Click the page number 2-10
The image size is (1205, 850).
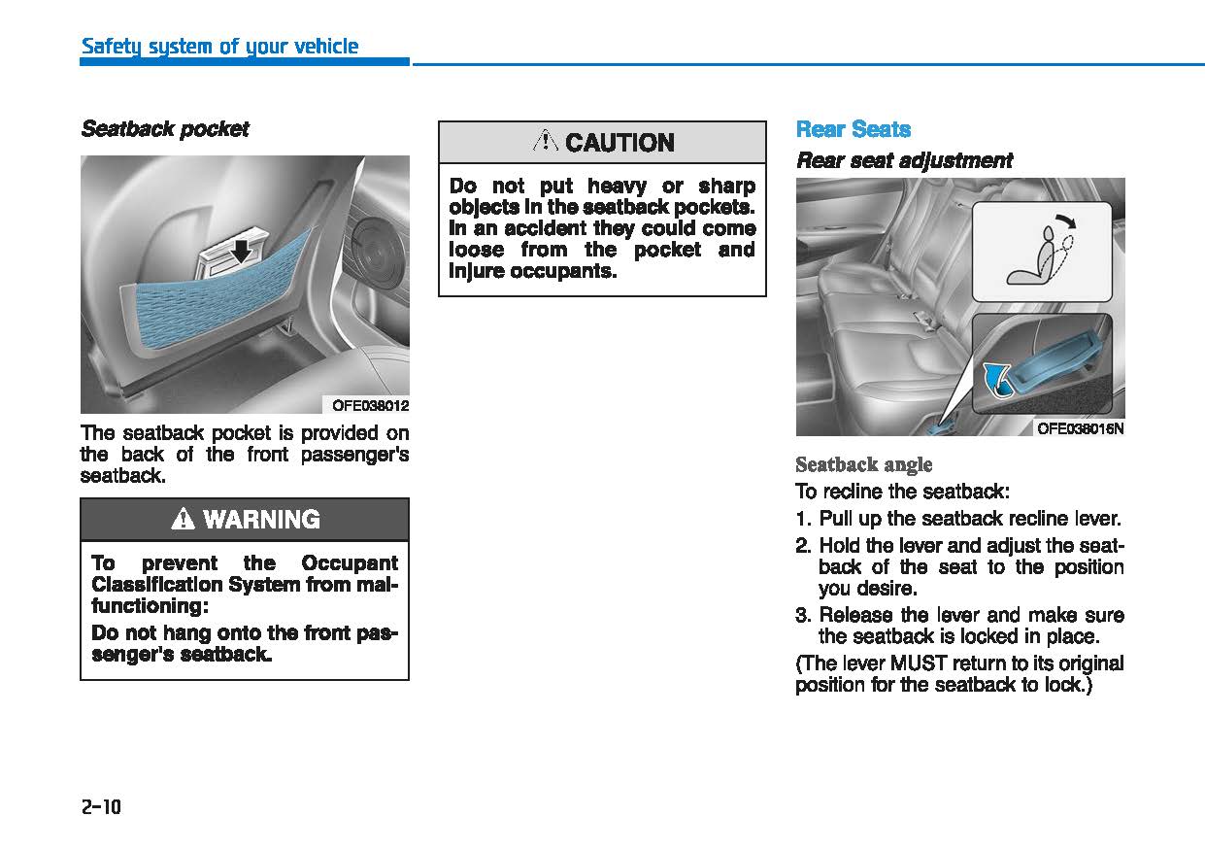(100, 806)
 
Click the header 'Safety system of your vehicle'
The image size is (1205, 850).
(219, 46)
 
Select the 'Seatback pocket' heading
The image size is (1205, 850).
(164, 129)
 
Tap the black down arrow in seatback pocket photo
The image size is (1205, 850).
(241, 252)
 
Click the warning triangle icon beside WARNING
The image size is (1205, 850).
(183, 520)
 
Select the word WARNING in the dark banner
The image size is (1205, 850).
(261, 520)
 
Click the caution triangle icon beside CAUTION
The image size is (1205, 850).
(546, 142)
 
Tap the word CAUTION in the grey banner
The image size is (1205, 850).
(619, 143)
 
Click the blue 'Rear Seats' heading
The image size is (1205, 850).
(853, 129)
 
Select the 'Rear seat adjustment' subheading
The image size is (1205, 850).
(904, 160)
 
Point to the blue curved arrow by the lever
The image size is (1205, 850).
(992, 377)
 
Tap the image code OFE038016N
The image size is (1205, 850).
(1080, 427)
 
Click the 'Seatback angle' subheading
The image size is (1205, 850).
(863, 464)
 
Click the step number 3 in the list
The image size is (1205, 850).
(801, 615)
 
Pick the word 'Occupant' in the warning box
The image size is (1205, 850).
(350, 563)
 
